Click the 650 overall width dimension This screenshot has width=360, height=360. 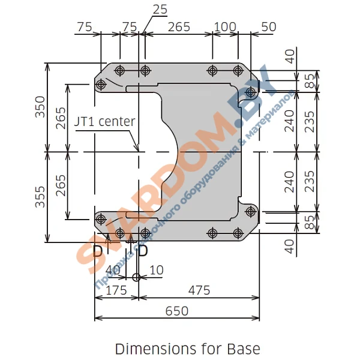tap(177, 311)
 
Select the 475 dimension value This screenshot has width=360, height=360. tap(199, 290)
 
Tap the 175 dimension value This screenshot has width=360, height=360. tap(116, 290)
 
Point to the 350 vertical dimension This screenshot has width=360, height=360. tap(40, 107)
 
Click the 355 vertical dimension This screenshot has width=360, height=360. tap(40, 197)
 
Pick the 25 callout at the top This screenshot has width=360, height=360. tap(160, 10)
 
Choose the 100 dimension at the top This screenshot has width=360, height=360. tap(225, 27)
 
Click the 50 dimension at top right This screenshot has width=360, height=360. tap(269, 27)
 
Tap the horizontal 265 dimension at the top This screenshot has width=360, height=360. tap(179, 27)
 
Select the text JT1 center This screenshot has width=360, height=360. tap(104, 121)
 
